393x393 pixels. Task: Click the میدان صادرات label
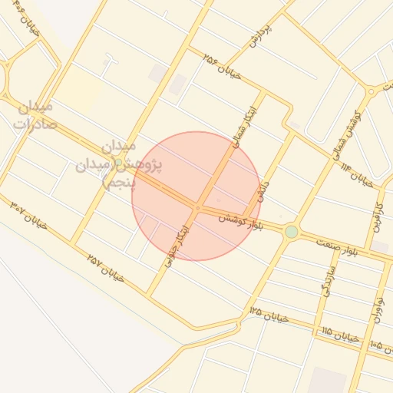[35, 114]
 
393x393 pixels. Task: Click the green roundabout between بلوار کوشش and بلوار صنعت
[291, 232]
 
